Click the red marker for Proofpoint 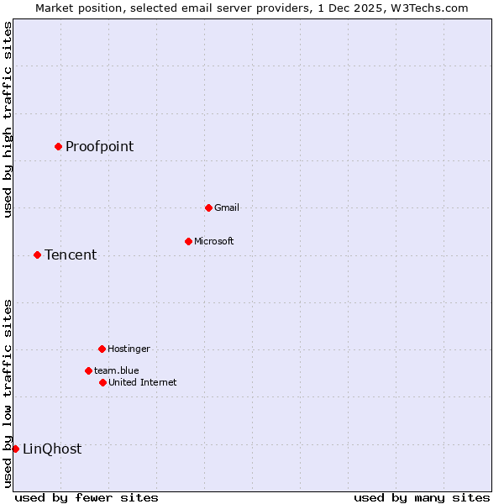pos(58,146)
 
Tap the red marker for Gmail pos(208,207)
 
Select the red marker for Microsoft pos(188,241)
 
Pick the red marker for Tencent pos(37,255)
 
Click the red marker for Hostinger pos(102,349)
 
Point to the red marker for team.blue pos(88,370)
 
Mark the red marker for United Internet pos(102,382)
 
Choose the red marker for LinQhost pos(15,449)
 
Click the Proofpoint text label pos(99,147)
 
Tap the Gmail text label pos(227,207)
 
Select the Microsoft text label pos(214,241)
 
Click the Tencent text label pos(71,255)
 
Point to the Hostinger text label pos(129,349)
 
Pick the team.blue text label pos(117,370)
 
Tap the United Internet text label pos(143,382)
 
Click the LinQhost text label pos(52,449)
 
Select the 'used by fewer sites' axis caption pos(87,497)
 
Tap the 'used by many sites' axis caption pos(422,497)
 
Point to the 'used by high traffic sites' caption pos(8,119)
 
